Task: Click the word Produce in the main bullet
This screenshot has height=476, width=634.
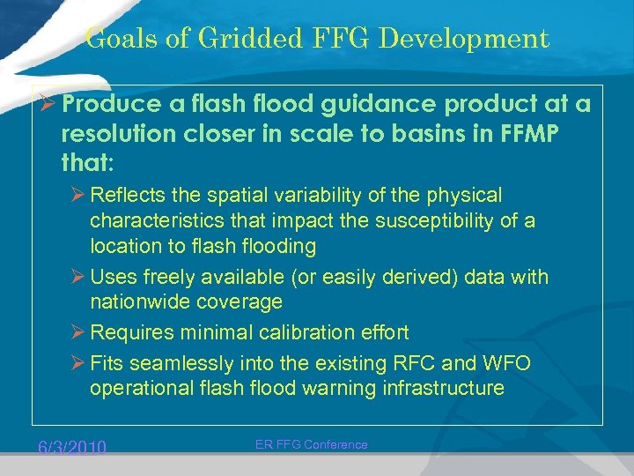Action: pyautogui.click(x=112, y=105)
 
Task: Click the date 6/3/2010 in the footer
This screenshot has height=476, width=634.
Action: pyautogui.click(x=72, y=449)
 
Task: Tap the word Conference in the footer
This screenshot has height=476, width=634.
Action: pyautogui.click(x=335, y=445)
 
